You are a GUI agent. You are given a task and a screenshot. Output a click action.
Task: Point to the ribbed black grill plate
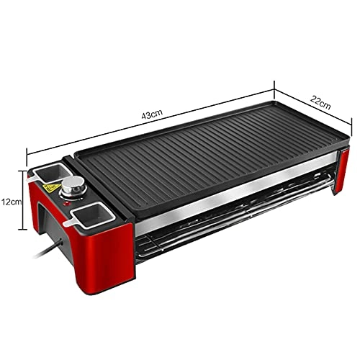pyautogui.click(x=209, y=158)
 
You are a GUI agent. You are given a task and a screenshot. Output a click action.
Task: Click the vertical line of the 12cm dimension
pyautogui.click(x=27, y=202)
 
